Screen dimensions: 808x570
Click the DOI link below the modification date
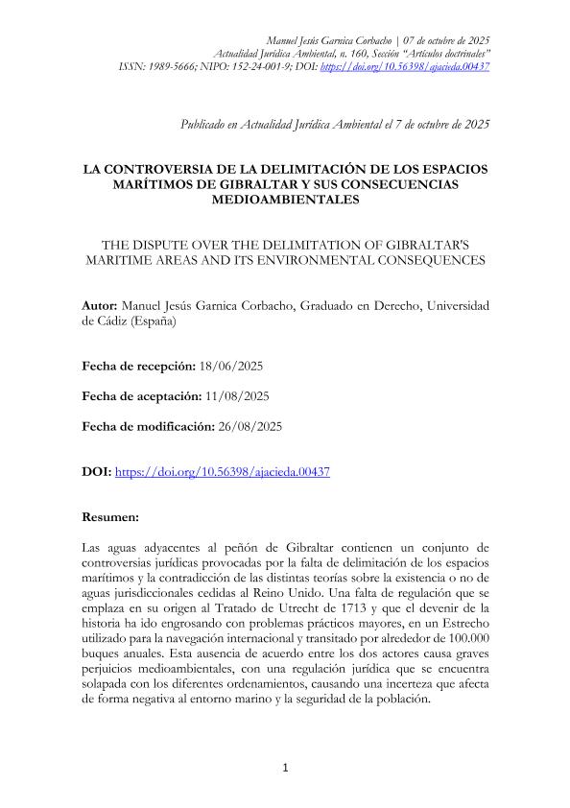click(x=222, y=472)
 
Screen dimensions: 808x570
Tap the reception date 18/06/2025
click(x=230, y=367)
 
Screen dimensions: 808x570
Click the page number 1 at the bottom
click(x=285, y=768)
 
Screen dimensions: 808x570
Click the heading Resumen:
click(x=111, y=516)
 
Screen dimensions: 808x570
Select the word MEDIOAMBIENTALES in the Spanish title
click(x=285, y=201)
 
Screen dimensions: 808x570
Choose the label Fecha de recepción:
click(x=138, y=367)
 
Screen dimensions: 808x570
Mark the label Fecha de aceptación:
click(x=140, y=395)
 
